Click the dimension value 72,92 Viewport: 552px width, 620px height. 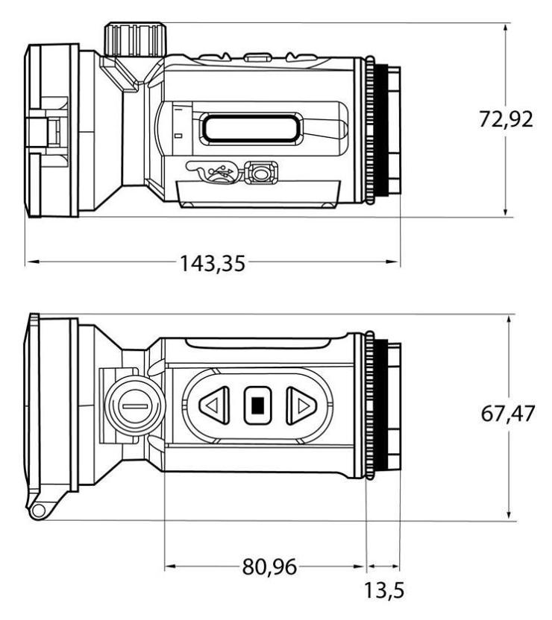tap(506, 119)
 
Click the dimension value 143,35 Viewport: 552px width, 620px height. tap(213, 263)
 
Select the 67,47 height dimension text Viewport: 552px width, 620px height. tap(508, 414)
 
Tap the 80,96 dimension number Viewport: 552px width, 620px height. tap(269, 566)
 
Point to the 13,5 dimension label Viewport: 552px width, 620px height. tap(384, 591)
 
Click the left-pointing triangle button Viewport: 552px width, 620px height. tap(214, 405)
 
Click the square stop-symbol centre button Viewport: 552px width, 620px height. tap(257, 405)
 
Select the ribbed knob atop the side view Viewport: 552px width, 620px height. tap(135, 39)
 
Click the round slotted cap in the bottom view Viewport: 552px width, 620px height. tap(135, 406)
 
